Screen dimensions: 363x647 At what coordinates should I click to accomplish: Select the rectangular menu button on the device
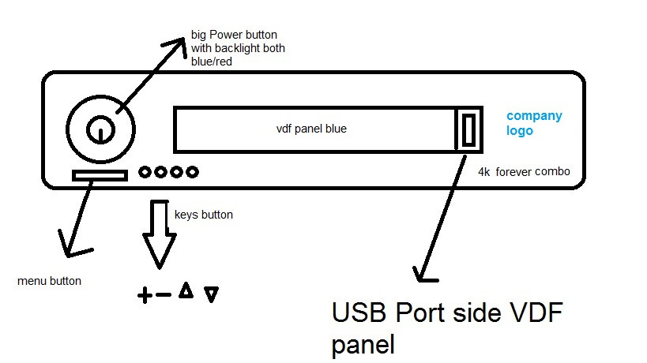coord(99,174)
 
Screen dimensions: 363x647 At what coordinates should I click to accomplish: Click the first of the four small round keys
coord(145,171)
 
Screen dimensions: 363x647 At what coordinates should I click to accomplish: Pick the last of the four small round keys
coord(192,171)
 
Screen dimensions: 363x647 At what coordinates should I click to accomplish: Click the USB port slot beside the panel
coord(468,129)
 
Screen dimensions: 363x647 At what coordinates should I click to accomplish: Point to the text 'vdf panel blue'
coord(306,129)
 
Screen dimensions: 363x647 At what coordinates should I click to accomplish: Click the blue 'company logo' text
coord(533,123)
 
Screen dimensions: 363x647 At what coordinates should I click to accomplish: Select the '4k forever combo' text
coord(524,171)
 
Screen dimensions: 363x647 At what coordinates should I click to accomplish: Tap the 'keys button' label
coord(203,214)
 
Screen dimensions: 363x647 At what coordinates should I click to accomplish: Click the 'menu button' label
coord(49,281)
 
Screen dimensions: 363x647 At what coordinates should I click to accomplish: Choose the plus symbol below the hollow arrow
coord(145,297)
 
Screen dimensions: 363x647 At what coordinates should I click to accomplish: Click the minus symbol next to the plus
coord(164,296)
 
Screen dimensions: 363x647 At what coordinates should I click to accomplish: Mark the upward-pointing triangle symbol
coord(186,291)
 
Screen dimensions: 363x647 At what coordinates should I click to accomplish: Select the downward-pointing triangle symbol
coord(211,295)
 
